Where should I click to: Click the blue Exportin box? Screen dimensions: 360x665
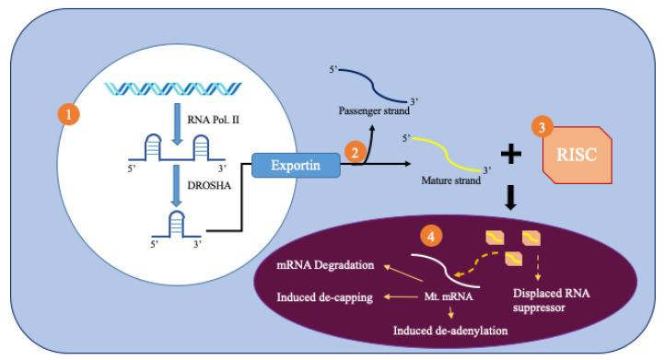(x=295, y=167)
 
